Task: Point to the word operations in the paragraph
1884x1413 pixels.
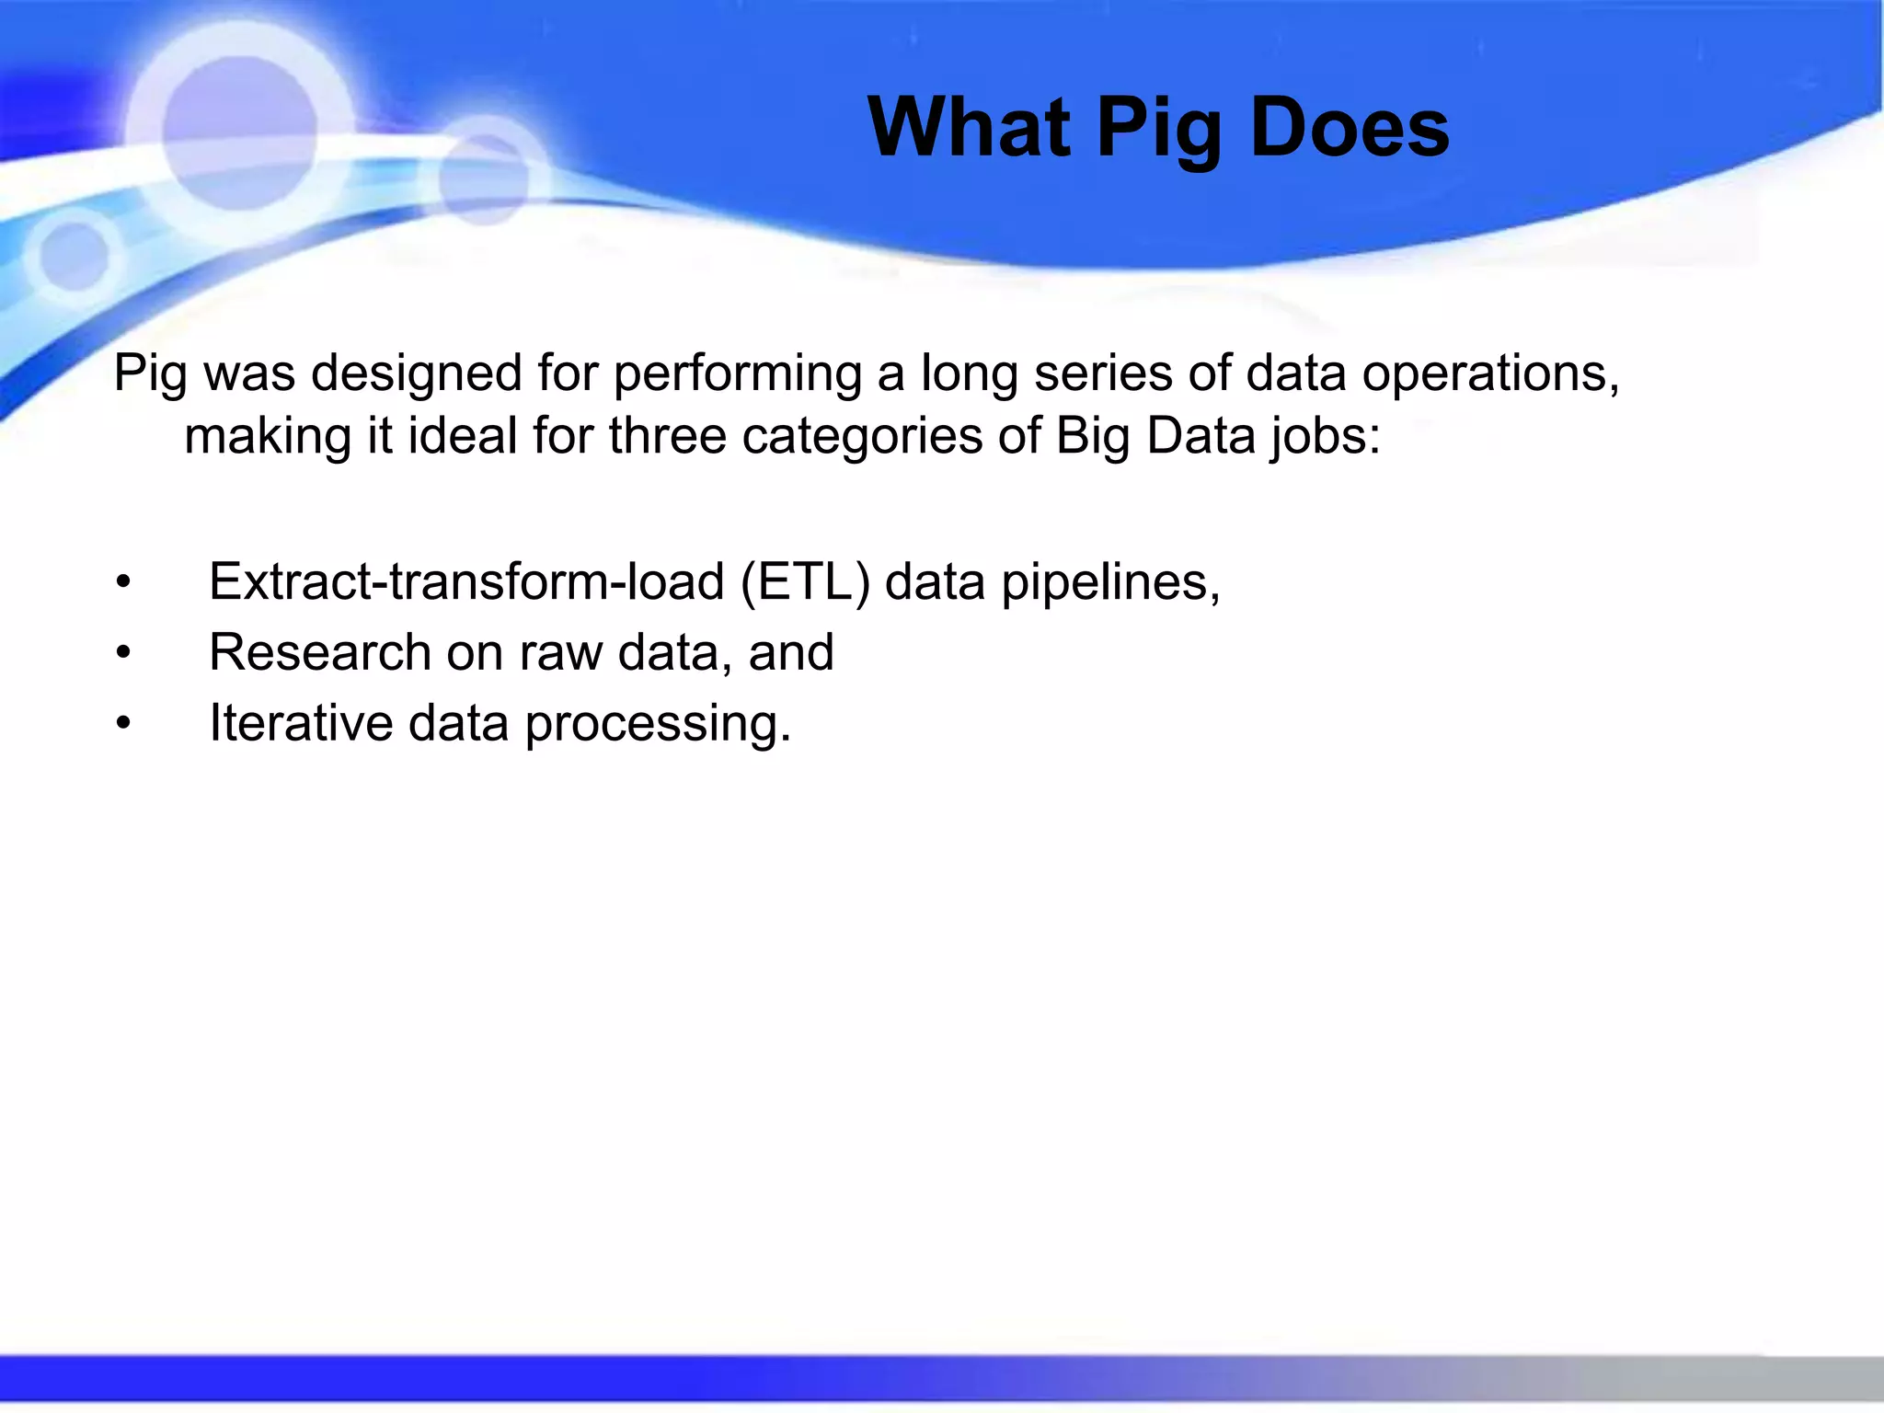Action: click(1489, 374)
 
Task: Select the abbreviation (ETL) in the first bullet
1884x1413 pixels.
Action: click(805, 582)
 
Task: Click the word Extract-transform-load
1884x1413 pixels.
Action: click(467, 582)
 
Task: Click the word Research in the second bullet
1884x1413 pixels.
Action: click(319, 652)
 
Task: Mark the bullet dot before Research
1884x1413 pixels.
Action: click(124, 653)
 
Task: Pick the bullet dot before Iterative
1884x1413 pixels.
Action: click(124, 724)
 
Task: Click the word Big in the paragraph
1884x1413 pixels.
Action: click(1092, 436)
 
